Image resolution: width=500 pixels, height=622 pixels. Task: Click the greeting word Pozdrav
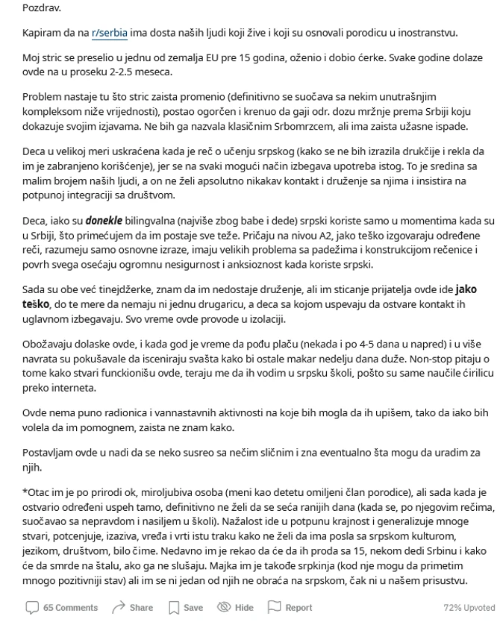[42, 8]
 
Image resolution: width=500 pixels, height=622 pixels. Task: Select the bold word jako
[465, 289]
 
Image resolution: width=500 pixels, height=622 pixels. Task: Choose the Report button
[290, 608]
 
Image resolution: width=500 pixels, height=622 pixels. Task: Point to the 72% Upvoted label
[468, 608]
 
